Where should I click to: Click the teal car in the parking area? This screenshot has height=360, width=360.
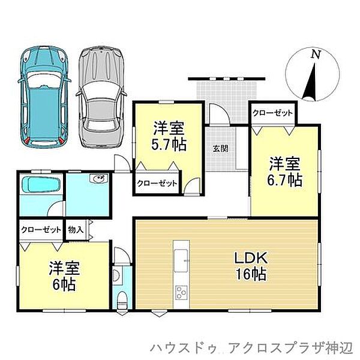click(x=43, y=95)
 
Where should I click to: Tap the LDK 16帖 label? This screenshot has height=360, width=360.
click(x=250, y=266)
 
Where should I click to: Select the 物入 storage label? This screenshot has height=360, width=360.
click(x=76, y=229)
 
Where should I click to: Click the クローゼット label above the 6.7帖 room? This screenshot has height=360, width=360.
click(x=273, y=113)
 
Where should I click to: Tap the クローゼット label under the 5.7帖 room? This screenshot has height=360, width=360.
click(x=157, y=184)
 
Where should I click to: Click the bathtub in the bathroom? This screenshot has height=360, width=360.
click(x=40, y=185)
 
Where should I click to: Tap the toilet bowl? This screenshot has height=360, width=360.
click(x=121, y=299)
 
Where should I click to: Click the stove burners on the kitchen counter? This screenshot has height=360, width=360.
click(x=182, y=294)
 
